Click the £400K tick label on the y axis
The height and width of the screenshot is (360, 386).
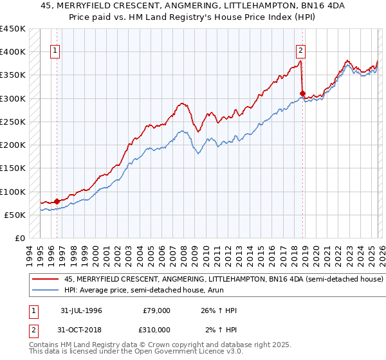[x=13, y=52]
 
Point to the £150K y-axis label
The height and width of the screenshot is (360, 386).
[x=13, y=168]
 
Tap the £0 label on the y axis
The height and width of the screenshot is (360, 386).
[x=20, y=239]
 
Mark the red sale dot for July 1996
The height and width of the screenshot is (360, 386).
[x=57, y=201]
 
